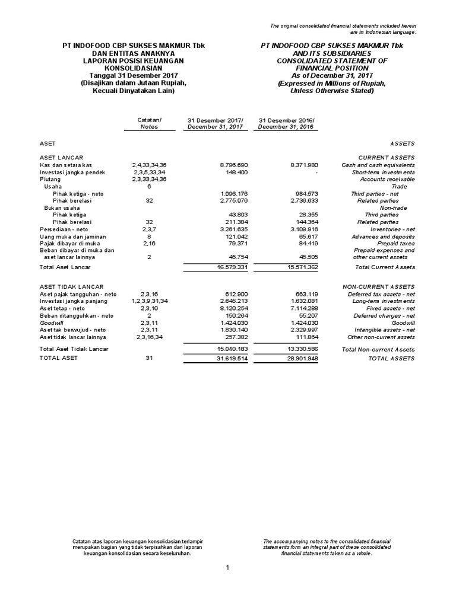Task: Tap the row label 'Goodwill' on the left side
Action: [52, 323]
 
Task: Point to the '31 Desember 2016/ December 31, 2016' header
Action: [287, 123]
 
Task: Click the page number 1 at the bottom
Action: [227, 567]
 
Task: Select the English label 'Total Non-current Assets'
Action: [378, 349]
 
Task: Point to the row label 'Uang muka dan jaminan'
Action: [73, 235]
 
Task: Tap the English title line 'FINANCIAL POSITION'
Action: [332, 68]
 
